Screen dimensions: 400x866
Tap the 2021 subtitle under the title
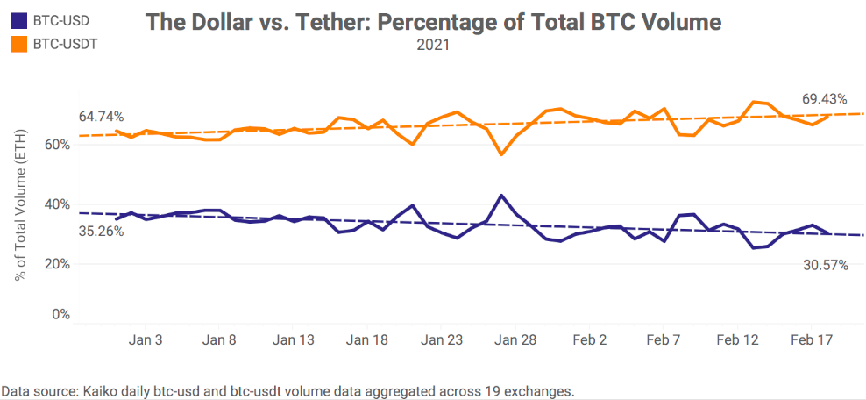coord(432,46)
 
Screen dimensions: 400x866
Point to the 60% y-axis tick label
coord(57,144)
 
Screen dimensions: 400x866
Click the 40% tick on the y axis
coord(57,204)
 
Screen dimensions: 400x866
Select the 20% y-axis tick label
coord(57,263)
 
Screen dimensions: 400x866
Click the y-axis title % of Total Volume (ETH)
coord(20,203)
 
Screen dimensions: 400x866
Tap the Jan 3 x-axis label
coord(145,340)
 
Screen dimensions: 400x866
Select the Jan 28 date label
coord(515,340)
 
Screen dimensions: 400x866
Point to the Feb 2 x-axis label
coord(590,340)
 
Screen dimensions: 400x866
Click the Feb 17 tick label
coord(812,340)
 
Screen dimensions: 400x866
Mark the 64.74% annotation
coord(101,116)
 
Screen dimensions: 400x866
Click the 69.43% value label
coord(825,99)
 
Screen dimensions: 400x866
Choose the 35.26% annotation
coord(101,232)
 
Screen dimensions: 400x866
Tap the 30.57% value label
coord(825,264)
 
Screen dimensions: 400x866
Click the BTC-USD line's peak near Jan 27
coord(500,196)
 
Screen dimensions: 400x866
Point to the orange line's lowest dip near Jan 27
coord(500,154)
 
